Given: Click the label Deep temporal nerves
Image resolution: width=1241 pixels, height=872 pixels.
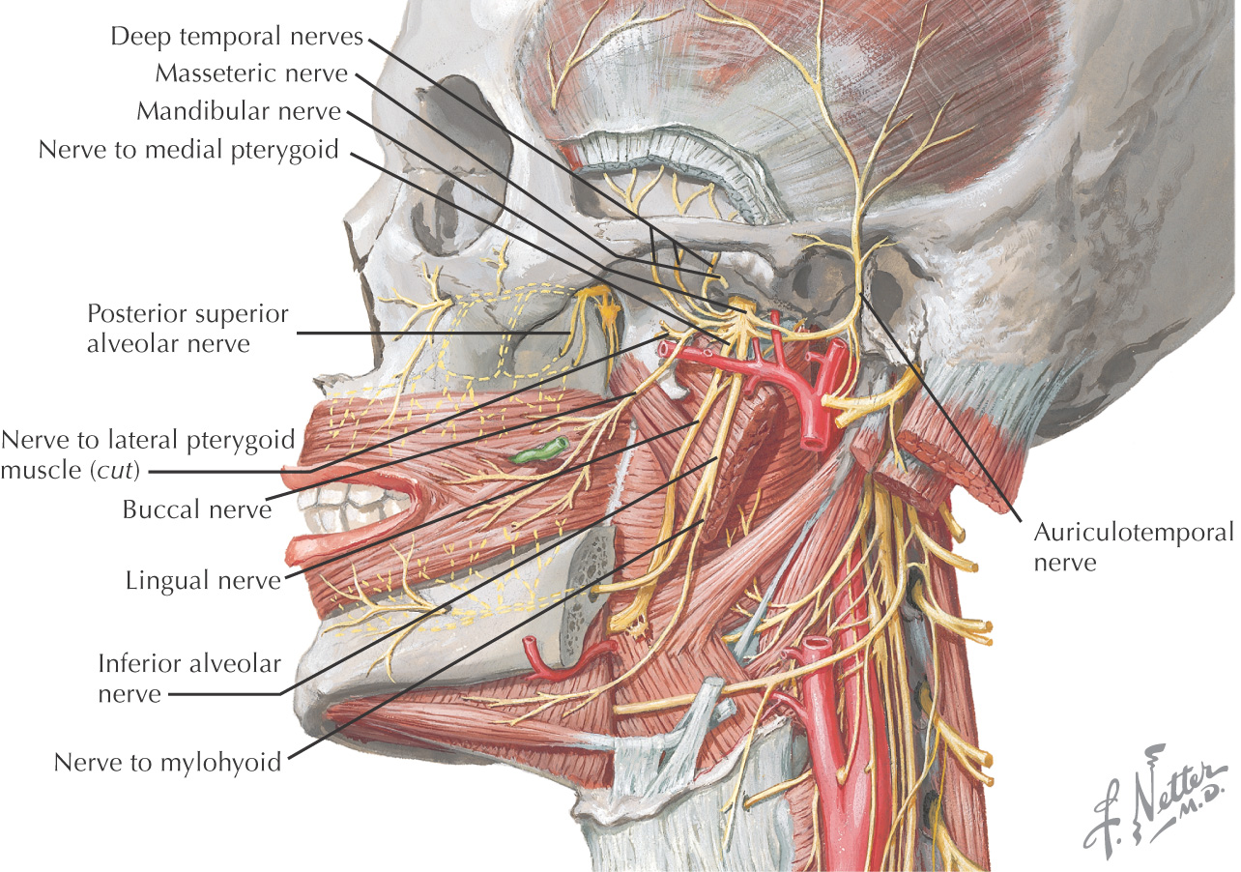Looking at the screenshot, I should pos(237,37).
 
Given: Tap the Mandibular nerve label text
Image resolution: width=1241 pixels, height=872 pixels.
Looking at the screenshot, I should pos(239,111).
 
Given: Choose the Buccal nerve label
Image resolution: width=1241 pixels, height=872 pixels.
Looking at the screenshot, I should pos(197,509).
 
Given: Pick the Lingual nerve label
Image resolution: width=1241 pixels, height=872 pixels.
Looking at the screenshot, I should pos(203,581).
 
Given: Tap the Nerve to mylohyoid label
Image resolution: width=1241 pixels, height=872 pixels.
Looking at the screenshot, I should pos(167,762).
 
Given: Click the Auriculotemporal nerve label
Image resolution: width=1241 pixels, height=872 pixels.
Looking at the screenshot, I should pos(1134,546).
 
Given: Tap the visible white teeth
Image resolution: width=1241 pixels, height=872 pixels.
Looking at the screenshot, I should pos(353,503).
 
